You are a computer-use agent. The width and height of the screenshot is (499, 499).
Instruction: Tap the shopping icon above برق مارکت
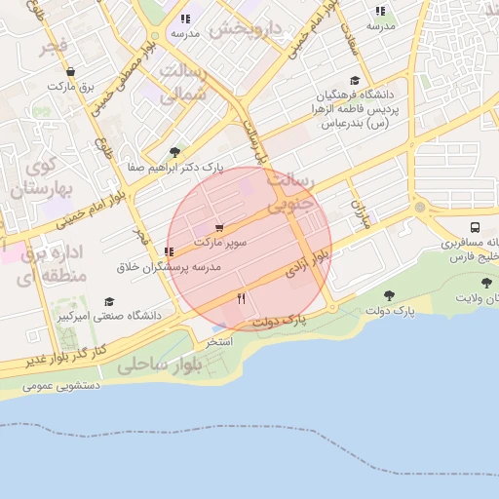70,71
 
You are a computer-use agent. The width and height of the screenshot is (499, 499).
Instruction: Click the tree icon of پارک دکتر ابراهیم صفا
174,152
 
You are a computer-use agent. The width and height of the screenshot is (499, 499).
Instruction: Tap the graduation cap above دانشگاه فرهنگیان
354,81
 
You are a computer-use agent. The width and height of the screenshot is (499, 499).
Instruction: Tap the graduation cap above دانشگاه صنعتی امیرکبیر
109,301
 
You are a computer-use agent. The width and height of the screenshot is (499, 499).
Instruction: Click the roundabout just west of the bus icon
420,208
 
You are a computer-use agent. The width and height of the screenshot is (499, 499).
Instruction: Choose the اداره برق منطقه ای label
54,265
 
